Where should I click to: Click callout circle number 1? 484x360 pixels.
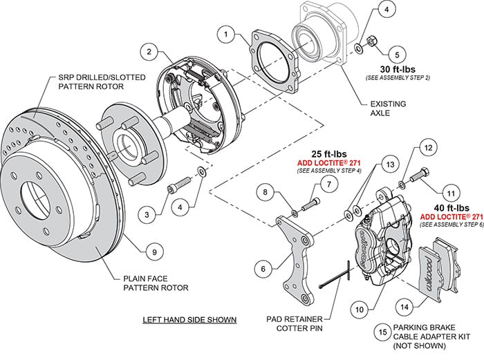(225, 33)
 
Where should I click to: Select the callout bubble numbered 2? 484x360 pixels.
(148, 50)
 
